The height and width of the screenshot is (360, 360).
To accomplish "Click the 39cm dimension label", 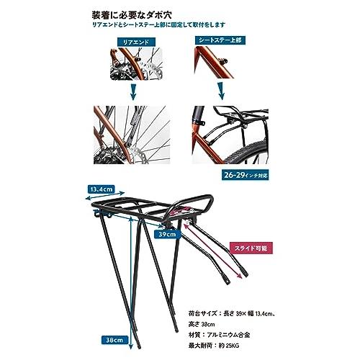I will [166, 234].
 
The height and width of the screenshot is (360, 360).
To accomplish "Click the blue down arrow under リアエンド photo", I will [132, 91].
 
